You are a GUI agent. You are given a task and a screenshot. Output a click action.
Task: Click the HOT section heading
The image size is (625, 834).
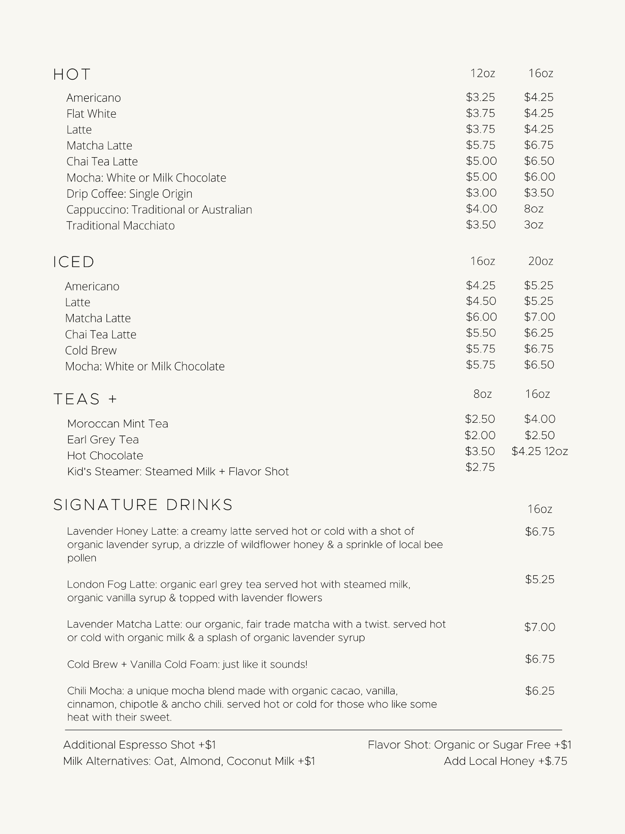click(x=72, y=75)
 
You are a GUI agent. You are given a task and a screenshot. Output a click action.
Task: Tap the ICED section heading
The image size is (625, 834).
click(x=74, y=262)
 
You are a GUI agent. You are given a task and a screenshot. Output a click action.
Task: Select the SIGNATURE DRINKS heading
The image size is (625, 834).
click(x=143, y=505)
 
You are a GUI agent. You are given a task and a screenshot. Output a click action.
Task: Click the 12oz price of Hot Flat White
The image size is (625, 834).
click(x=480, y=113)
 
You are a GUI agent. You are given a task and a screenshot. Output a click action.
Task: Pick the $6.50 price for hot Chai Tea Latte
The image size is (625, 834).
click(x=539, y=161)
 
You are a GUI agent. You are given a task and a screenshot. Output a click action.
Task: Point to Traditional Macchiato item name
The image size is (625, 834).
click(x=120, y=226)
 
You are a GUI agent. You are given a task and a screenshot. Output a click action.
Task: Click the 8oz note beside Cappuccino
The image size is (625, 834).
click(x=534, y=209)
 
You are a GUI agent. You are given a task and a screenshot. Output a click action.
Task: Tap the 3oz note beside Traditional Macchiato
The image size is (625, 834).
click(x=534, y=225)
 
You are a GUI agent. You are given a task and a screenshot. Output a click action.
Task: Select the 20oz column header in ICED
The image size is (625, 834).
click(x=540, y=261)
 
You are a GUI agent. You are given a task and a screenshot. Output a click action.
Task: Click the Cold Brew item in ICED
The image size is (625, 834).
click(x=91, y=350)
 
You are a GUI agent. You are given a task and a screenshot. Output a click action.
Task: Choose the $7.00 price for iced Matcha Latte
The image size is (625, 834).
click(x=540, y=317)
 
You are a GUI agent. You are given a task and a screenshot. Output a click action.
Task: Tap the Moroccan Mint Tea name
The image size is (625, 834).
click(x=117, y=424)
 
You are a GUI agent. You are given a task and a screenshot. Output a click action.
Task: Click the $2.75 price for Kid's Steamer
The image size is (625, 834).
click(x=480, y=467)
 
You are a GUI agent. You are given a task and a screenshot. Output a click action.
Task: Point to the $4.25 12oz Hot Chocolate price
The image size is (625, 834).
click(x=540, y=451)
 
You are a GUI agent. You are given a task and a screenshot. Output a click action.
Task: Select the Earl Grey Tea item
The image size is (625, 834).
click(x=103, y=440)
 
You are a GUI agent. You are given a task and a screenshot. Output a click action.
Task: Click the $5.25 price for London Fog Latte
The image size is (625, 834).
click(x=540, y=579)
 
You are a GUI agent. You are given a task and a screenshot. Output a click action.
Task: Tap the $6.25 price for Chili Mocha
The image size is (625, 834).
click(x=540, y=691)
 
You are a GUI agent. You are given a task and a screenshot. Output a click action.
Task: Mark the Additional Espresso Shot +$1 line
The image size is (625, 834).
click(x=140, y=745)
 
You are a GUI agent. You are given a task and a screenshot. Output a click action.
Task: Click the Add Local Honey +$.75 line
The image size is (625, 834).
click(x=505, y=761)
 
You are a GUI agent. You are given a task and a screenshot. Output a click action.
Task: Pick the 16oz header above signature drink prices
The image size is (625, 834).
click(x=540, y=509)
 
